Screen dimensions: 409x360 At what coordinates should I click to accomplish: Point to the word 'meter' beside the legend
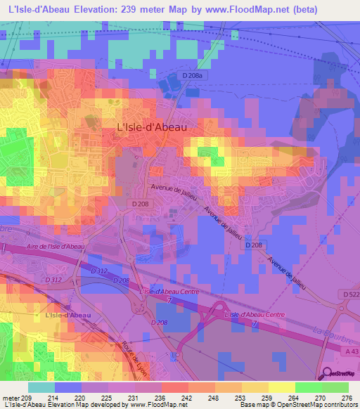coord(12,397)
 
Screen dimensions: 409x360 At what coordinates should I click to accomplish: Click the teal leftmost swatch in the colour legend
coord(41,387)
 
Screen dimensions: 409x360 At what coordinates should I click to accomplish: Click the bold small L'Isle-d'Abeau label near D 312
coord(67,315)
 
